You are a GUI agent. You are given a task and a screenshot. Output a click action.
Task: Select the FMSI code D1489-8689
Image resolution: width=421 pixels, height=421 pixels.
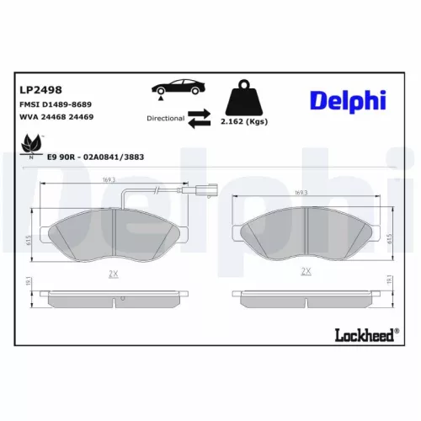pos(56,103)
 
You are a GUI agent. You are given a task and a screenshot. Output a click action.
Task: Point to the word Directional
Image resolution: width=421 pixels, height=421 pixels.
pos(165,119)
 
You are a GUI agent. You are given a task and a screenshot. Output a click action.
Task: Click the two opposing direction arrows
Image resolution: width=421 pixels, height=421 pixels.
pos(200,119)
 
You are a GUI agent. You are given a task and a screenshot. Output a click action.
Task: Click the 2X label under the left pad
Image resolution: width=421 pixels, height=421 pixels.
pos(113,273)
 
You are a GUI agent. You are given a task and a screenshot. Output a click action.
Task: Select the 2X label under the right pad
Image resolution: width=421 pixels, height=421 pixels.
pos(306,271)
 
